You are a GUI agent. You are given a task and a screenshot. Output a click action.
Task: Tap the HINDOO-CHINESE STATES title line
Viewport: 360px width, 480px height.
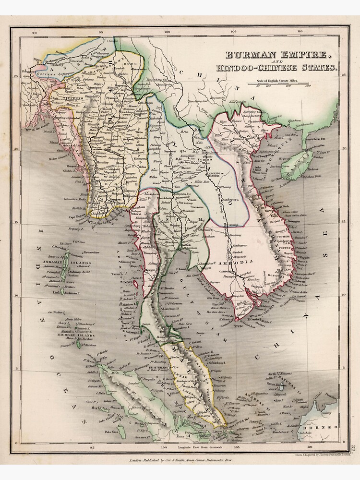click(276, 68)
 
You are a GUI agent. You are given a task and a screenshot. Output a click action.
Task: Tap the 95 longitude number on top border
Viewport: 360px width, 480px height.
click(100, 33)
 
